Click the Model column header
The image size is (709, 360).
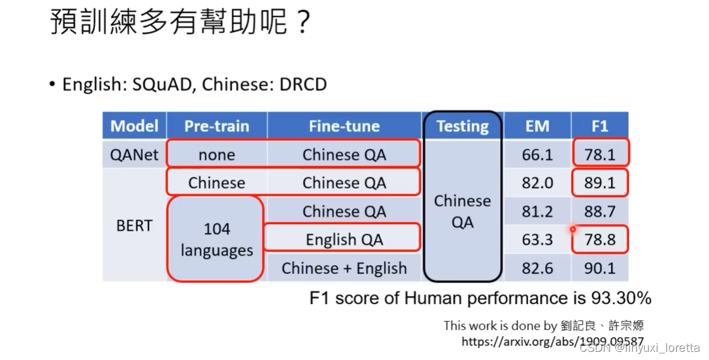coord(134,126)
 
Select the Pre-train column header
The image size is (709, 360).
coord(216,126)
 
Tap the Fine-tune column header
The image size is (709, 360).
coord(344,126)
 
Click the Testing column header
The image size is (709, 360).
coord(462,126)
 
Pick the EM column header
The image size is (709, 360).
coord(537,126)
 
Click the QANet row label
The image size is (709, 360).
coord(134,155)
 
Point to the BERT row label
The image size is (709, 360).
coord(134,225)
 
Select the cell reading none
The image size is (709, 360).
coord(216,155)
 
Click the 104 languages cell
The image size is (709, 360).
coord(216,239)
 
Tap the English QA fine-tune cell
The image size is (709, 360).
coord(344,239)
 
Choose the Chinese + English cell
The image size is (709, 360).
coord(344,268)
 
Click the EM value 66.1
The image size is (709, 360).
coord(537,155)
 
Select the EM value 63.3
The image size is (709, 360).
coord(537,239)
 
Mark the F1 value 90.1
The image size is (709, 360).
coord(600,268)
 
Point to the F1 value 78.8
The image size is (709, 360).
coord(600,239)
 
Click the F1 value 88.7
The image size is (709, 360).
coord(600,211)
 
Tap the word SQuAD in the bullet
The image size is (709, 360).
coord(162,84)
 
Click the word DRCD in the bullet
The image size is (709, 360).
coord(303,84)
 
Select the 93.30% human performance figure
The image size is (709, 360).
coord(621,298)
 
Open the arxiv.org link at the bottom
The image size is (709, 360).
coord(552,341)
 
